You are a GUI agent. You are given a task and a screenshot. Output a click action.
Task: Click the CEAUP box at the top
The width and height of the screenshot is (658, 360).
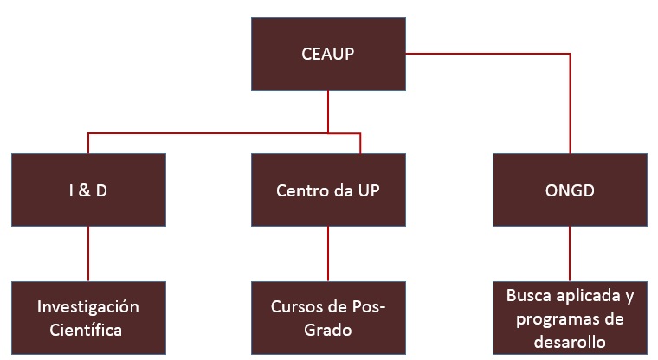328,53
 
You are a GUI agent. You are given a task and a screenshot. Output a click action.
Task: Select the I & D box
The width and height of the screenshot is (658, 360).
88,190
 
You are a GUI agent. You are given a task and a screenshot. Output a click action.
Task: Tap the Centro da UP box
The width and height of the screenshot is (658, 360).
328,190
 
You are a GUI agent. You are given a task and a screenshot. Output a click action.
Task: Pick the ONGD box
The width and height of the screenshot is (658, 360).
569,190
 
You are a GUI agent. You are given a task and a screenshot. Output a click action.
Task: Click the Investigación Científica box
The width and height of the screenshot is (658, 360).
88,318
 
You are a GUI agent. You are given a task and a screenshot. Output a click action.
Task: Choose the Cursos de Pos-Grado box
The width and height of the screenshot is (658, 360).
328,318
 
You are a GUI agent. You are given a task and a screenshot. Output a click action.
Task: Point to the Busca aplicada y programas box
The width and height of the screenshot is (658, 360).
569,318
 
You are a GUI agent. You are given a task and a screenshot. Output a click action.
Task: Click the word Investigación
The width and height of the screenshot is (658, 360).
88,307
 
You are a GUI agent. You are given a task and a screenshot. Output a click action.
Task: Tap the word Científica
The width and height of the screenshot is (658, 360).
88,330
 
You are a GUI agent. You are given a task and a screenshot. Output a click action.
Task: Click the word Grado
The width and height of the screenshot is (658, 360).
328,330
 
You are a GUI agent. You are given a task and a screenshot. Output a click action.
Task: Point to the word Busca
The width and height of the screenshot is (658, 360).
530,296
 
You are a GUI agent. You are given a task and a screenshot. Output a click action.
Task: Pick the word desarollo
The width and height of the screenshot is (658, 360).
569,341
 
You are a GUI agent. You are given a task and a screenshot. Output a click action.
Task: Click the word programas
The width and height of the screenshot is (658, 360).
551,318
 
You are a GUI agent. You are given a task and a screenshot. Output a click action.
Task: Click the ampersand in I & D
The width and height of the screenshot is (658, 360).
87,190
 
